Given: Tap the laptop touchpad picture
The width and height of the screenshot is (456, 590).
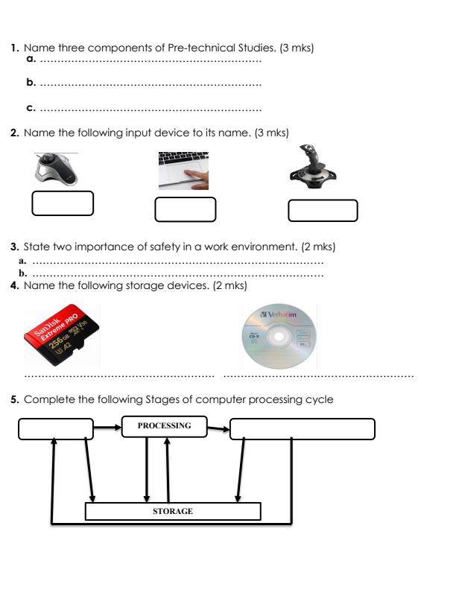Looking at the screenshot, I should pyautogui.click(x=183, y=172).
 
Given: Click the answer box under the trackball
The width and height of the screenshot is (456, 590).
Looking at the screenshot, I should pyautogui.click(x=63, y=203).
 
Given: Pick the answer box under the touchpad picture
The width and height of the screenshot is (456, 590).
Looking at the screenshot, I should pyautogui.click(x=185, y=209).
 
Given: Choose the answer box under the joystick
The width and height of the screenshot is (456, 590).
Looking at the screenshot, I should pyautogui.click(x=323, y=210).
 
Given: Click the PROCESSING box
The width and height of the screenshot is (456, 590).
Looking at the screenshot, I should pyautogui.click(x=164, y=426).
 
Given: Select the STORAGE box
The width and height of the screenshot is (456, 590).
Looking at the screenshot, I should pyautogui.click(x=173, y=512).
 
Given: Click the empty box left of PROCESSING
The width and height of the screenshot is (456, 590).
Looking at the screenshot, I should pyautogui.click(x=56, y=429).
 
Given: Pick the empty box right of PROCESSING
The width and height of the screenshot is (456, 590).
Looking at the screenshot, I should pyautogui.click(x=302, y=429).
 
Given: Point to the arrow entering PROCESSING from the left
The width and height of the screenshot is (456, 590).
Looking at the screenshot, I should pyautogui.click(x=108, y=428).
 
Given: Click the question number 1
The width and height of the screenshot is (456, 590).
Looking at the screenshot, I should pyautogui.click(x=14, y=48).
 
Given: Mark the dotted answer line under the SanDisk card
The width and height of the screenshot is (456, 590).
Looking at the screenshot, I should pyautogui.click(x=119, y=375).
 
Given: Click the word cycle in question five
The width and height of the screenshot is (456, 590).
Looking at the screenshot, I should pyautogui.click(x=319, y=400).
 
